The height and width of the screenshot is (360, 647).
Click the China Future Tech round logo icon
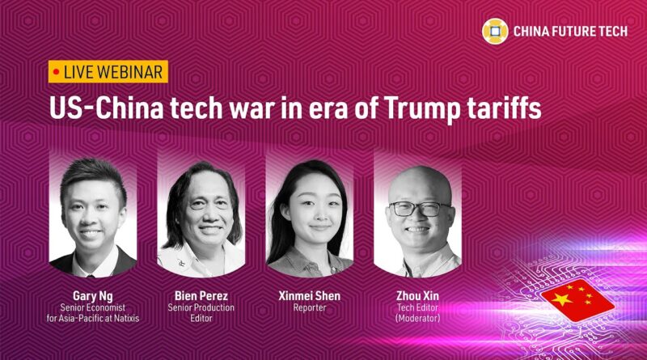point(495,31)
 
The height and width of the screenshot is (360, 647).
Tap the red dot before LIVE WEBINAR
point(56,72)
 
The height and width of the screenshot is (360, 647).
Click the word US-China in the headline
point(106,108)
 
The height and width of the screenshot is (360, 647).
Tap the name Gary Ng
point(92,296)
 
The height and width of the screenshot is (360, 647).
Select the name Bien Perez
point(201,295)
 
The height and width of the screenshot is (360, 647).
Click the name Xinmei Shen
point(310,295)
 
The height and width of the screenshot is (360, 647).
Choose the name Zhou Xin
point(417,295)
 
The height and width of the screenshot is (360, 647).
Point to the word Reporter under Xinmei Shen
point(310,307)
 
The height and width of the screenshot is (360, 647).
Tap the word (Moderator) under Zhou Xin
point(417,318)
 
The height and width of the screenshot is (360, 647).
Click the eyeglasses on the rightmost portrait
point(420,209)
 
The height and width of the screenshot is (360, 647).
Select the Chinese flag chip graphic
point(577,300)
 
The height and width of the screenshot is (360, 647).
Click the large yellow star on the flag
point(562,299)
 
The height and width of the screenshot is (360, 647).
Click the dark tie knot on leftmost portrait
point(91,275)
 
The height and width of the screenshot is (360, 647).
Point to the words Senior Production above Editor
point(201,307)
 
